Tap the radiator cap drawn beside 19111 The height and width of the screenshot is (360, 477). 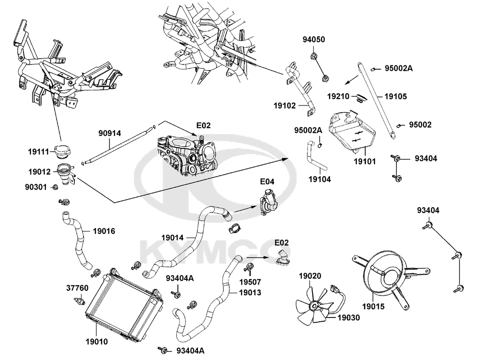62,151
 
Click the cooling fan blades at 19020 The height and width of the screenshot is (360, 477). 313,304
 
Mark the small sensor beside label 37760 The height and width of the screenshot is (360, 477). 79,301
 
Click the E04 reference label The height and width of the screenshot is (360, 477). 267,181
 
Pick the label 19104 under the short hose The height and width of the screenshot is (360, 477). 320,179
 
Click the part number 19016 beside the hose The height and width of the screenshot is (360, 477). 104,231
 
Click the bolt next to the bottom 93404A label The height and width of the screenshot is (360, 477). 166,350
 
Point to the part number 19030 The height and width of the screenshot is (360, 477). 349,317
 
